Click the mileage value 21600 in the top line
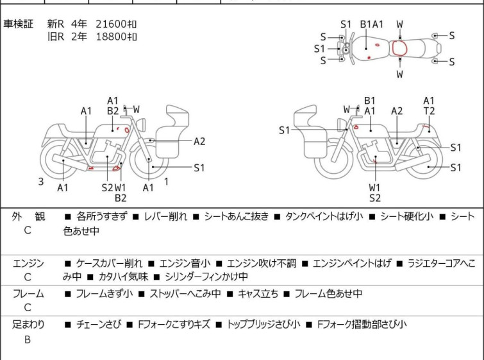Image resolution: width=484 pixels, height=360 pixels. (x=111, y=24)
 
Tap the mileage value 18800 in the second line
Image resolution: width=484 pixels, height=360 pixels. (x=111, y=37)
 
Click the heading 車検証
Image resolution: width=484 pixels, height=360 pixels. (x=18, y=24)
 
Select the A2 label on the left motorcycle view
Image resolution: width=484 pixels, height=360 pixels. (x=199, y=141)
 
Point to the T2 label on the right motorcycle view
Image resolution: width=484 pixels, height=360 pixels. (x=429, y=110)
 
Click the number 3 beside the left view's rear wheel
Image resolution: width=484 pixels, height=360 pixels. (x=41, y=182)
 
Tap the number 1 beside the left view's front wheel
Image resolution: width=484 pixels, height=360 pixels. (x=167, y=182)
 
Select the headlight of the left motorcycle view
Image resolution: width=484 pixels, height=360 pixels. (x=141, y=124)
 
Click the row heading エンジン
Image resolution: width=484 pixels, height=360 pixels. (x=28, y=263)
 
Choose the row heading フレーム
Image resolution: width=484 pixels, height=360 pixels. (x=28, y=293)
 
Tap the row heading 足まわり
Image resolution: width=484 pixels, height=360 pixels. (x=28, y=324)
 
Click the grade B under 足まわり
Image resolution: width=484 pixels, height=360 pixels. (x=28, y=339)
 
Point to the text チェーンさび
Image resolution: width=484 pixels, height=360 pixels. (x=99, y=324)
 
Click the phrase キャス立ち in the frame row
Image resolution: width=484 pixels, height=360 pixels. (x=258, y=293)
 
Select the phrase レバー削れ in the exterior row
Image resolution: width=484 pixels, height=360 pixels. (x=166, y=216)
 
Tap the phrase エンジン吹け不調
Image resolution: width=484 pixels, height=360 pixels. (x=262, y=263)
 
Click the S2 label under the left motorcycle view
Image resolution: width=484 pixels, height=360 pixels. (x=108, y=187)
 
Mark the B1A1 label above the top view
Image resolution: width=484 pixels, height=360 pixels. (x=372, y=24)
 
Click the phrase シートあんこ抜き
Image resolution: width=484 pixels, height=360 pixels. (x=237, y=216)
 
